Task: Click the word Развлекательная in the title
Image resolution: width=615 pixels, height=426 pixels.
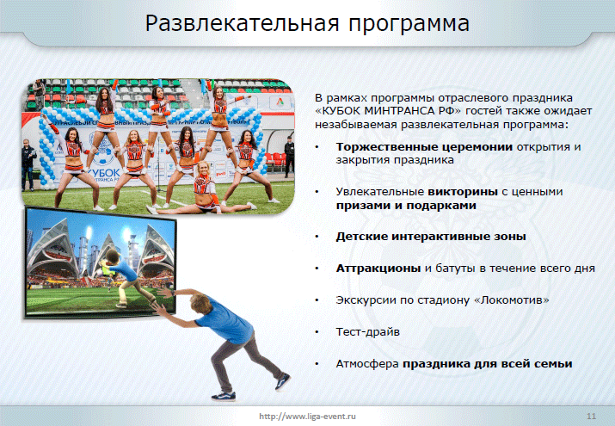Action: pos(242,23)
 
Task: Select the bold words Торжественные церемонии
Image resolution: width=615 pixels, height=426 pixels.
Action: pos(424,147)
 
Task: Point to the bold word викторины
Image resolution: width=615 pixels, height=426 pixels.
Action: pos(463,192)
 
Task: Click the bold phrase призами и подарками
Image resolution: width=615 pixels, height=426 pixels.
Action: pos(406,206)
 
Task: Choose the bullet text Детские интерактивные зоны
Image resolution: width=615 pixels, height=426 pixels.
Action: pos(431,237)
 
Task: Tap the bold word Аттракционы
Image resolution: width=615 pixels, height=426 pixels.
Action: pos(378,269)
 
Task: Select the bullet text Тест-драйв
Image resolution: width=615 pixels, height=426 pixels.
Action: pos(368,332)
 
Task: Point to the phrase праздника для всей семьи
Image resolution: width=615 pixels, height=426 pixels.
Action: pos(488,364)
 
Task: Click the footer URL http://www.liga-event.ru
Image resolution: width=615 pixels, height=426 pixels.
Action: pos(308,417)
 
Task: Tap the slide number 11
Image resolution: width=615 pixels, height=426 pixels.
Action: pos(591,417)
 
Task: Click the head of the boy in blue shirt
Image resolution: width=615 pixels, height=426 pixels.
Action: pos(200,305)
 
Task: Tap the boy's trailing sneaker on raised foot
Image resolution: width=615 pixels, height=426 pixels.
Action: pos(282,382)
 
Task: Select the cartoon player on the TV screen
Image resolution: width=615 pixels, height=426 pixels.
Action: pos(124,276)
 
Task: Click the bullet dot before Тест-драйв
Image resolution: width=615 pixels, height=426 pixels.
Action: pos(317,333)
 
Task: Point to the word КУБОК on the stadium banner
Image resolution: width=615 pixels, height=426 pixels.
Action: pos(104,173)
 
